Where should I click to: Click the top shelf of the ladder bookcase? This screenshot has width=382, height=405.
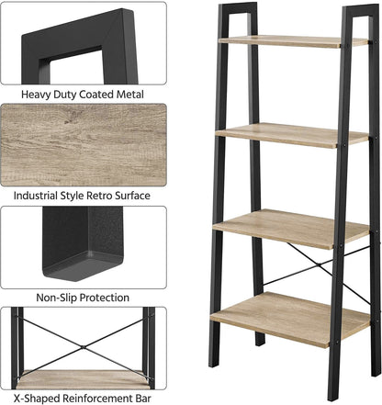(x=293, y=41)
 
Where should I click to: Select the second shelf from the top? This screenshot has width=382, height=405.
(x=292, y=135)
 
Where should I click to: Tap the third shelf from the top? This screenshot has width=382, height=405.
(x=291, y=229)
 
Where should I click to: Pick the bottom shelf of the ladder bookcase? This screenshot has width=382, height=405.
(x=290, y=320)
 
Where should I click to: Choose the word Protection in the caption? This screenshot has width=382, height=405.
(x=102, y=298)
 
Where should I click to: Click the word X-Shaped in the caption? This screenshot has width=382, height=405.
(x=37, y=399)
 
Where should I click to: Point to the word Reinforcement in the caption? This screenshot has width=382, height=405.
(x=97, y=399)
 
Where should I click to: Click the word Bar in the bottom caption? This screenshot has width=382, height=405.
(x=143, y=399)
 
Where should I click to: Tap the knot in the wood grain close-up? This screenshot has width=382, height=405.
(x=68, y=121)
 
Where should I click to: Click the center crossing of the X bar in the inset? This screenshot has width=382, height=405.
(x=83, y=347)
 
